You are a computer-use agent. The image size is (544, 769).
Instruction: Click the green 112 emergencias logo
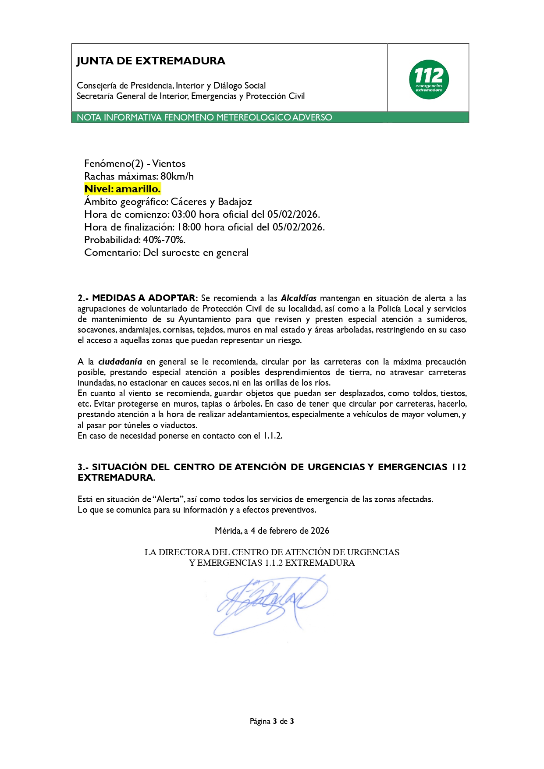tap(429, 79)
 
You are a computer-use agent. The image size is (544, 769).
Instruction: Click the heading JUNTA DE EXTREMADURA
tap(151, 61)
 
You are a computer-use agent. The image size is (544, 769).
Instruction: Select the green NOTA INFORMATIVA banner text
tap(204, 117)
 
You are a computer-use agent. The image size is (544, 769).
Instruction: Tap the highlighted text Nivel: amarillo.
tap(122, 189)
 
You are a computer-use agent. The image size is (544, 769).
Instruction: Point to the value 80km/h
tap(177, 176)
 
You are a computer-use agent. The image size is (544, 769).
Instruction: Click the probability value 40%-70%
tap(164, 240)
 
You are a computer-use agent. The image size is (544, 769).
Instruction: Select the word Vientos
tap(169, 163)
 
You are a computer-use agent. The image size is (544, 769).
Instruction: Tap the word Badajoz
tap(235, 202)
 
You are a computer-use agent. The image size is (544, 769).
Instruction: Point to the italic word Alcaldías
tap(299, 298)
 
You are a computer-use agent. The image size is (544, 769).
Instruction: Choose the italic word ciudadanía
tap(120, 361)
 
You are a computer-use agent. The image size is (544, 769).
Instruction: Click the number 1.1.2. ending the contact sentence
tap(272, 436)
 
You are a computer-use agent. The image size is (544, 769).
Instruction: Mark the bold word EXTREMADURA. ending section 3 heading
tap(116, 478)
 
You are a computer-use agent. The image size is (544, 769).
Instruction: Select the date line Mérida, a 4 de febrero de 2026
tap(272, 531)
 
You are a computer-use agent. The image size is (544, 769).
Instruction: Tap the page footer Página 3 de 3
tap(272, 721)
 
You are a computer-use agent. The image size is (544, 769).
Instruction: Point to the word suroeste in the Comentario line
tap(181, 252)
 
